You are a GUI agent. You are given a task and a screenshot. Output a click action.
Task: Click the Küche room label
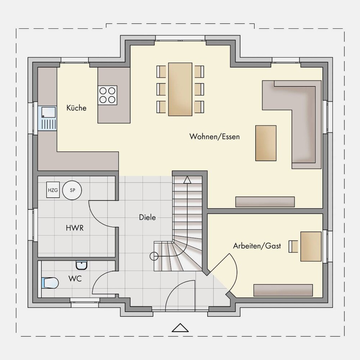(76, 108)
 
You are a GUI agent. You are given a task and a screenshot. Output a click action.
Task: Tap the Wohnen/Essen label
(215, 136)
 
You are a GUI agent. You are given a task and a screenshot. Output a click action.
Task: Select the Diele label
(147, 217)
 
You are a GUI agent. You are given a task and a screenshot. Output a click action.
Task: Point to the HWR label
(75, 228)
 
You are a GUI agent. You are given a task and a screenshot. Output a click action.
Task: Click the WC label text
(75, 279)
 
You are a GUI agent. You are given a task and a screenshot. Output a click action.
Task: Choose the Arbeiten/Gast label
(257, 246)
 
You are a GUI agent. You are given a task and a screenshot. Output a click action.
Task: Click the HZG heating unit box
(53, 190)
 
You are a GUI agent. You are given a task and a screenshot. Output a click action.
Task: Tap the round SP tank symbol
(72, 190)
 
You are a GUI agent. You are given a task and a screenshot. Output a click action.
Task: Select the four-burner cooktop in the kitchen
(107, 95)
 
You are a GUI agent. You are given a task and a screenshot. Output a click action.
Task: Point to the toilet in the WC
(50, 283)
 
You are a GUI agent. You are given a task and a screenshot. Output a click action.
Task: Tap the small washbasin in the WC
(81, 265)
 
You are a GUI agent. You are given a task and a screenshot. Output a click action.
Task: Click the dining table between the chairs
(180, 89)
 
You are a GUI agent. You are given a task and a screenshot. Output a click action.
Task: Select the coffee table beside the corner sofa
(266, 143)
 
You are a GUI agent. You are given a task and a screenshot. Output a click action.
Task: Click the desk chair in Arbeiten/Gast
(293, 246)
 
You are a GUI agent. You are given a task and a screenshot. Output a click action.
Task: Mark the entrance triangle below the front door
(180, 328)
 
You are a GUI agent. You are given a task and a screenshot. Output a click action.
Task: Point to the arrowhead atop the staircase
(187, 180)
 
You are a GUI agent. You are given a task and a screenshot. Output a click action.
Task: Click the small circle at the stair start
(154, 256)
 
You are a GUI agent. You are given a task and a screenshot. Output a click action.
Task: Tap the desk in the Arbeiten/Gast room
(311, 246)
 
